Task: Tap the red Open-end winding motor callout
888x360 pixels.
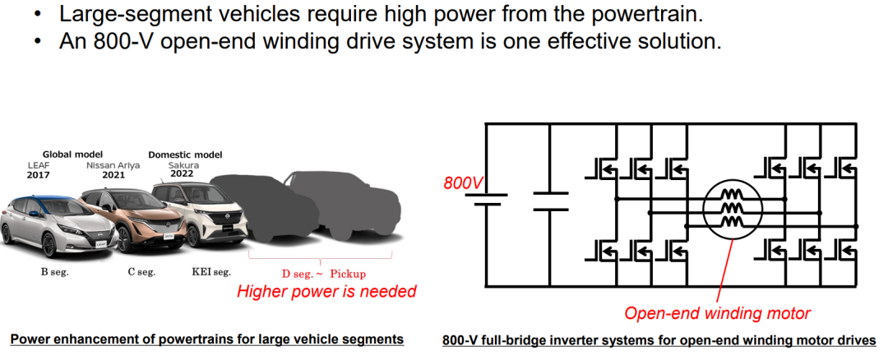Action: (x=718, y=313)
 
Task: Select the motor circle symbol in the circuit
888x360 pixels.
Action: (x=733, y=209)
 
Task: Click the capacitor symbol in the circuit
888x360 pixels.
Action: (x=550, y=201)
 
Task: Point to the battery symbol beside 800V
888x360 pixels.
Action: (x=486, y=199)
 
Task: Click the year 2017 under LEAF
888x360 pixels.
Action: (x=39, y=175)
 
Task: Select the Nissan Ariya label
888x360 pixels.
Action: (x=113, y=165)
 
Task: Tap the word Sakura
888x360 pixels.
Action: (x=183, y=165)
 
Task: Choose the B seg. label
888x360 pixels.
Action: (x=54, y=272)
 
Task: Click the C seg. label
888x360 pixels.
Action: (x=141, y=272)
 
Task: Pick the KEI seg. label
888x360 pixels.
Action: (x=211, y=272)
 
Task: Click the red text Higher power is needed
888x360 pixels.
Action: (x=326, y=292)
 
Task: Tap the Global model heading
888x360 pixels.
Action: (x=72, y=155)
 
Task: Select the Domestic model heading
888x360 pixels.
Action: (x=185, y=155)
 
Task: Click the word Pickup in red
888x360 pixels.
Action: (x=348, y=275)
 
